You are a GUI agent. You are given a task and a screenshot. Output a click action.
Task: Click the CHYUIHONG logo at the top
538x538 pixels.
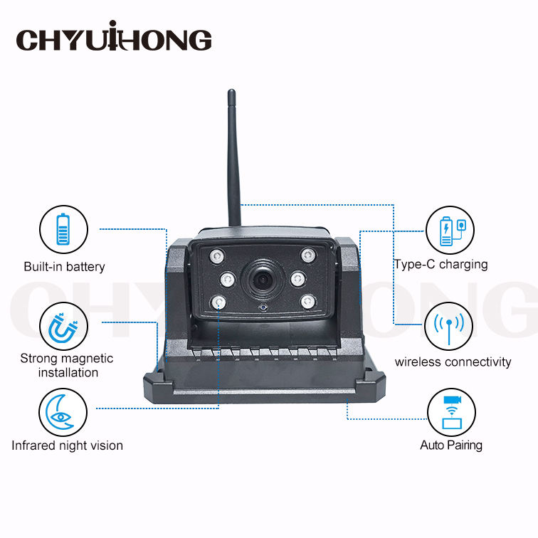click(114, 38)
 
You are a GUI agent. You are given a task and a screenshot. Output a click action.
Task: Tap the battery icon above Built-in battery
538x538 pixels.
click(63, 230)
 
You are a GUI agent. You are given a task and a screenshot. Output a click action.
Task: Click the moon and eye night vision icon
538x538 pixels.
click(63, 413)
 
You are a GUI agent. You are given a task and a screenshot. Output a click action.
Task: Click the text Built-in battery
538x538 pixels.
click(64, 267)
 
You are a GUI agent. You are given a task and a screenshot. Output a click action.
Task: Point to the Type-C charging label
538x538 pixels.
click(441, 264)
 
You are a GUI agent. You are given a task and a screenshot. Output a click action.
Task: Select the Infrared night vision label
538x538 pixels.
click(67, 445)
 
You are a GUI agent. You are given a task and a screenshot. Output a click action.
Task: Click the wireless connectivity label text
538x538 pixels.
click(453, 362)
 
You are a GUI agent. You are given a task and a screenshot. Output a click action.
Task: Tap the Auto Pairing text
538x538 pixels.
click(451, 445)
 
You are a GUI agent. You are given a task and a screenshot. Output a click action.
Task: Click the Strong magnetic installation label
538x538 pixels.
click(67, 365)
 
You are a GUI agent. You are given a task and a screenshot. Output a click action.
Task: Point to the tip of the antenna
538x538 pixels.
click(231, 93)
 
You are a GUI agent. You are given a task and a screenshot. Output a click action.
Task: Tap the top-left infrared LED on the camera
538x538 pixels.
click(213, 255)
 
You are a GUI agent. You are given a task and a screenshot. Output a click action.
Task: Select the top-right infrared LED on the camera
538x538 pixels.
click(307, 254)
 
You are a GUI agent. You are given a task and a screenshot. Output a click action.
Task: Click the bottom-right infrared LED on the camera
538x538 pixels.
click(306, 302)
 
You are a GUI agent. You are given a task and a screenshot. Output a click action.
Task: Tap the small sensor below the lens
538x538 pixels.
click(263, 307)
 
